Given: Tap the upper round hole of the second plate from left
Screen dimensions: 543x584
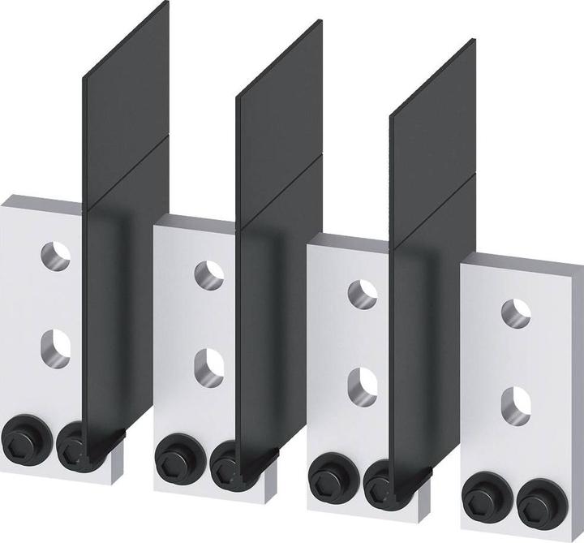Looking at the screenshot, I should pos(208,274).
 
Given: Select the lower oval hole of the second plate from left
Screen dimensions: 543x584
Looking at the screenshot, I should pos(208,363).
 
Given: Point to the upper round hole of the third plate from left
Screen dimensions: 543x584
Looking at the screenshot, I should pos(362,293).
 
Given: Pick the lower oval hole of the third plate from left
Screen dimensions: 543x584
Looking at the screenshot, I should pos(362,382).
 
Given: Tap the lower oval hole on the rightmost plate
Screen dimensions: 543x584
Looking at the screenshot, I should pos(515,403).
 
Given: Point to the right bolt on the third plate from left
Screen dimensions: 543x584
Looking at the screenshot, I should pos(379,482).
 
